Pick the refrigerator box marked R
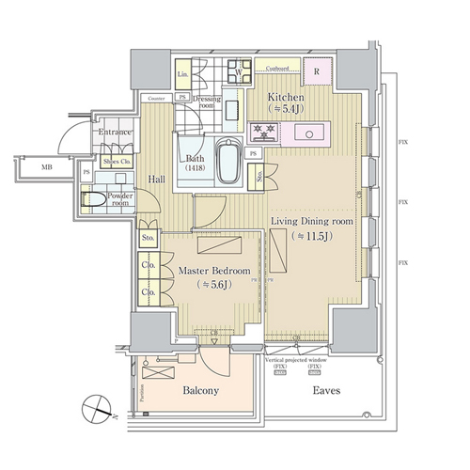pos(317,70)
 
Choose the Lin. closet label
pos(183,72)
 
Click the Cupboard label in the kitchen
pos(276,69)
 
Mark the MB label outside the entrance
pos(45,168)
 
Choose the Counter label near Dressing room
pos(157,97)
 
